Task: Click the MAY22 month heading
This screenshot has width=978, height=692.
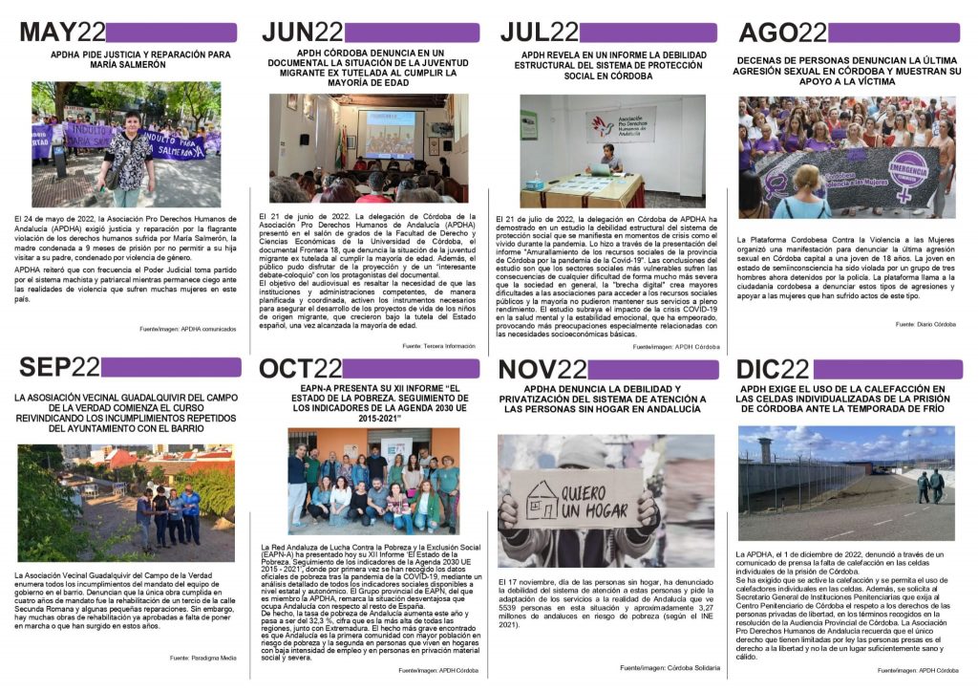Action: tap(61, 32)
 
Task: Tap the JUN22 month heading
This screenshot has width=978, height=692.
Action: tap(302, 32)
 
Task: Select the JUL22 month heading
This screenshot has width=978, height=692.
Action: tap(539, 32)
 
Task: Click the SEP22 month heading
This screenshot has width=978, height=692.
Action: tap(58, 367)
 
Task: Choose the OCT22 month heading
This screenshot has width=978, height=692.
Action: tap(301, 368)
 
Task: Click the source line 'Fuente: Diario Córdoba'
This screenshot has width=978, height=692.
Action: tap(925, 324)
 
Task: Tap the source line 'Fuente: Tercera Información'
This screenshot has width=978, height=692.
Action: tap(438, 345)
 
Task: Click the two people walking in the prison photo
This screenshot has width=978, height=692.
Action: tap(928, 487)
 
